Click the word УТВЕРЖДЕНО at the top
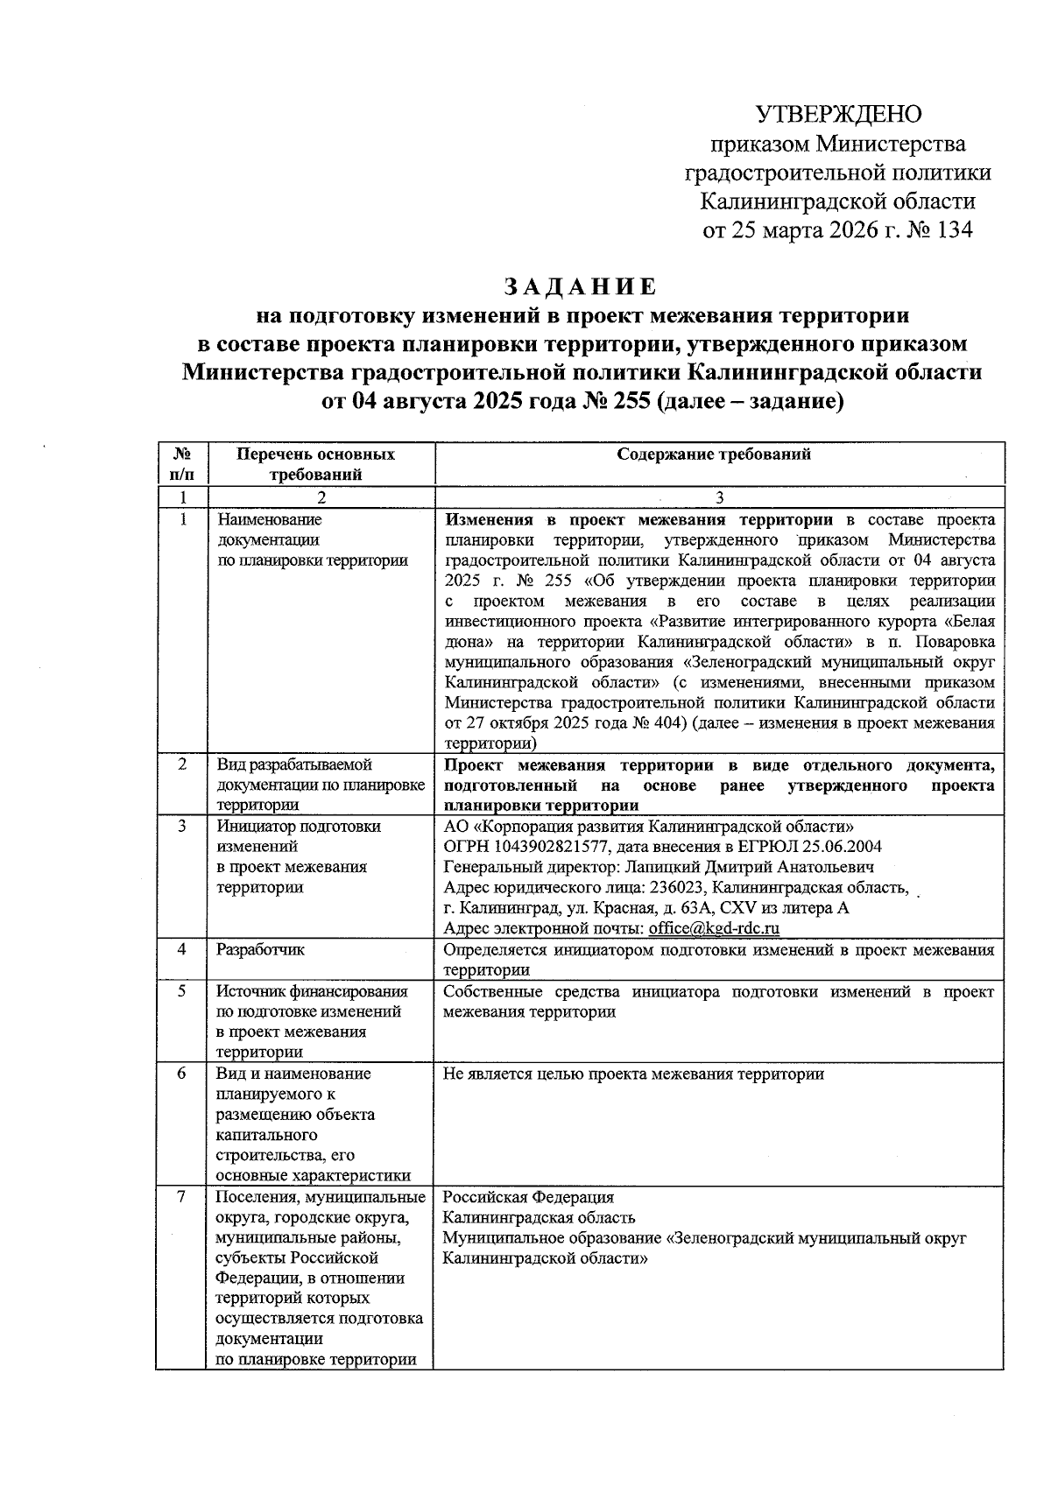pyautogui.click(x=838, y=114)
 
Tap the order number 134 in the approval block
pyautogui.click(x=952, y=231)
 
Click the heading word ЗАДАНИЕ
pyautogui.click(x=579, y=287)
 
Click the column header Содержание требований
pyautogui.click(x=714, y=454)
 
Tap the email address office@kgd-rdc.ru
pyautogui.click(x=714, y=928)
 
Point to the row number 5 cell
pyautogui.click(x=182, y=991)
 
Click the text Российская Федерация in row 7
pyautogui.click(x=528, y=1197)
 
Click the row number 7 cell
pyautogui.click(x=182, y=1197)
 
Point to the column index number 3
pyautogui.click(x=718, y=497)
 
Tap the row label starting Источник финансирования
pyautogui.click(x=312, y=991)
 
